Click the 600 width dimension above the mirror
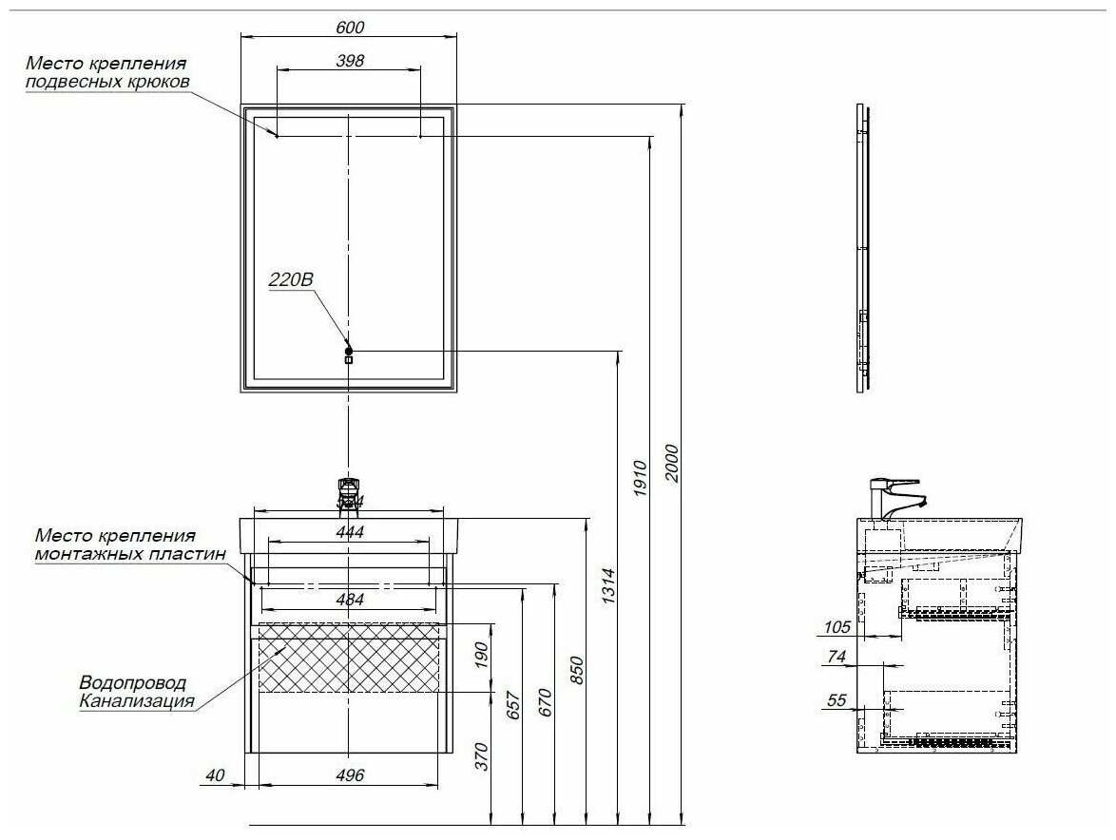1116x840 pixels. point(350,28)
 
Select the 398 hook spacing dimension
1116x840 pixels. point(350,60)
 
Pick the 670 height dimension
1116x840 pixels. point(546,701)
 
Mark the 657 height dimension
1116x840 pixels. point(514,703)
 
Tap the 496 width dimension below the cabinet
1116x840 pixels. point(350,775)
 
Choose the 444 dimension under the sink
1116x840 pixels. point(350,531)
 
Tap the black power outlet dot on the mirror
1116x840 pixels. point(349,349)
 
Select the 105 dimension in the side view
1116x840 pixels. point(837,627)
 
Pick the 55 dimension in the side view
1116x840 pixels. point(837,700)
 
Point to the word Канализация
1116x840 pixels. point(137,702)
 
